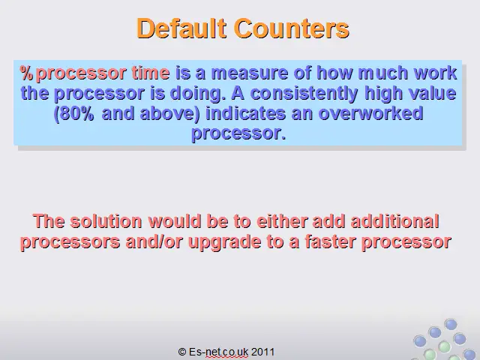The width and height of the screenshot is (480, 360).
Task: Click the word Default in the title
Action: tap(181, 28)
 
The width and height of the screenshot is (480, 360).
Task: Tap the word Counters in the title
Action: tap(292, 28)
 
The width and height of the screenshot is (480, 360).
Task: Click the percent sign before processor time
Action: tap(26, 73)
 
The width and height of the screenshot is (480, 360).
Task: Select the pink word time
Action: tap(151, 73)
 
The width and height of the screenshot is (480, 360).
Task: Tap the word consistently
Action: tap(304, 93)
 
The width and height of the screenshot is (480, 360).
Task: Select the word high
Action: tap(383, 93)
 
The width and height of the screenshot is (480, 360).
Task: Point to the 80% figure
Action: tap(76, 113)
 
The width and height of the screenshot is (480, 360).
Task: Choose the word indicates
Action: tap(245, 113)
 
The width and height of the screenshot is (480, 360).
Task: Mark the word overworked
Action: tap(371, 113)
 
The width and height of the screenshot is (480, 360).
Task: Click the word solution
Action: tap(106, 221)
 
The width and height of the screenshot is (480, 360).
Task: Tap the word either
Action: tap(282, 221)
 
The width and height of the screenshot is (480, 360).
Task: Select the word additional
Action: tap(395, 221)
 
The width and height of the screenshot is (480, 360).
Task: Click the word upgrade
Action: tap(225, 241)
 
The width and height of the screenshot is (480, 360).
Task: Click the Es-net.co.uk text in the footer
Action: tap(218, 352)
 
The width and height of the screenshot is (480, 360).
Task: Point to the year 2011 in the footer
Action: tap(262, 352)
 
